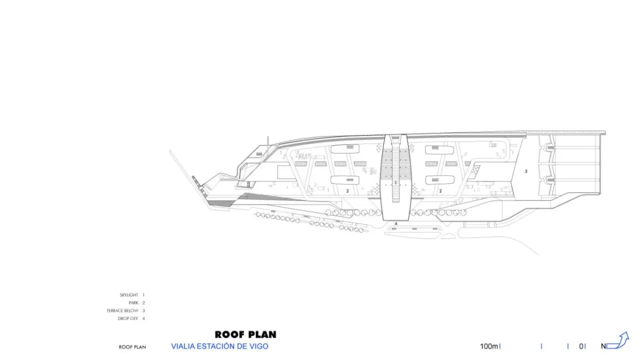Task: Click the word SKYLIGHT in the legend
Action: [x=129, y=295]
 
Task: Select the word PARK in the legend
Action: [x=133, y=303]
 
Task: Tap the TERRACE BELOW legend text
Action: [x=122, y=310]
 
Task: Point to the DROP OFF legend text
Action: [x=128, y=318]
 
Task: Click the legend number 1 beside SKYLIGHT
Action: [x=143, y=295]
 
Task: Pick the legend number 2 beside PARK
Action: [x=143, y=303]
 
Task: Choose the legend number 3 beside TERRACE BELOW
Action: [x=143, y=310]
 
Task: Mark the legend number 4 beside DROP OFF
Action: [x=143, y=318]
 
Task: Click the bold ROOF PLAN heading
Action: [x=245, y=334]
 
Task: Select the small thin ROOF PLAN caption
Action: [x=132, y=347]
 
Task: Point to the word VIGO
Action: [x=259, y=346]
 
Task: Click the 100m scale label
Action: [x=489, y=346]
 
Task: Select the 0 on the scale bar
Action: [x=581, y=346]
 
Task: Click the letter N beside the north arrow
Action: [x=603, y=346]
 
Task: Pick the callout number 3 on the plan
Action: [x=526, y=171]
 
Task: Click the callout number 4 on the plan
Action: [x=396, y=223]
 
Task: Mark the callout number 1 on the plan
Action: [x=396, y=182]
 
